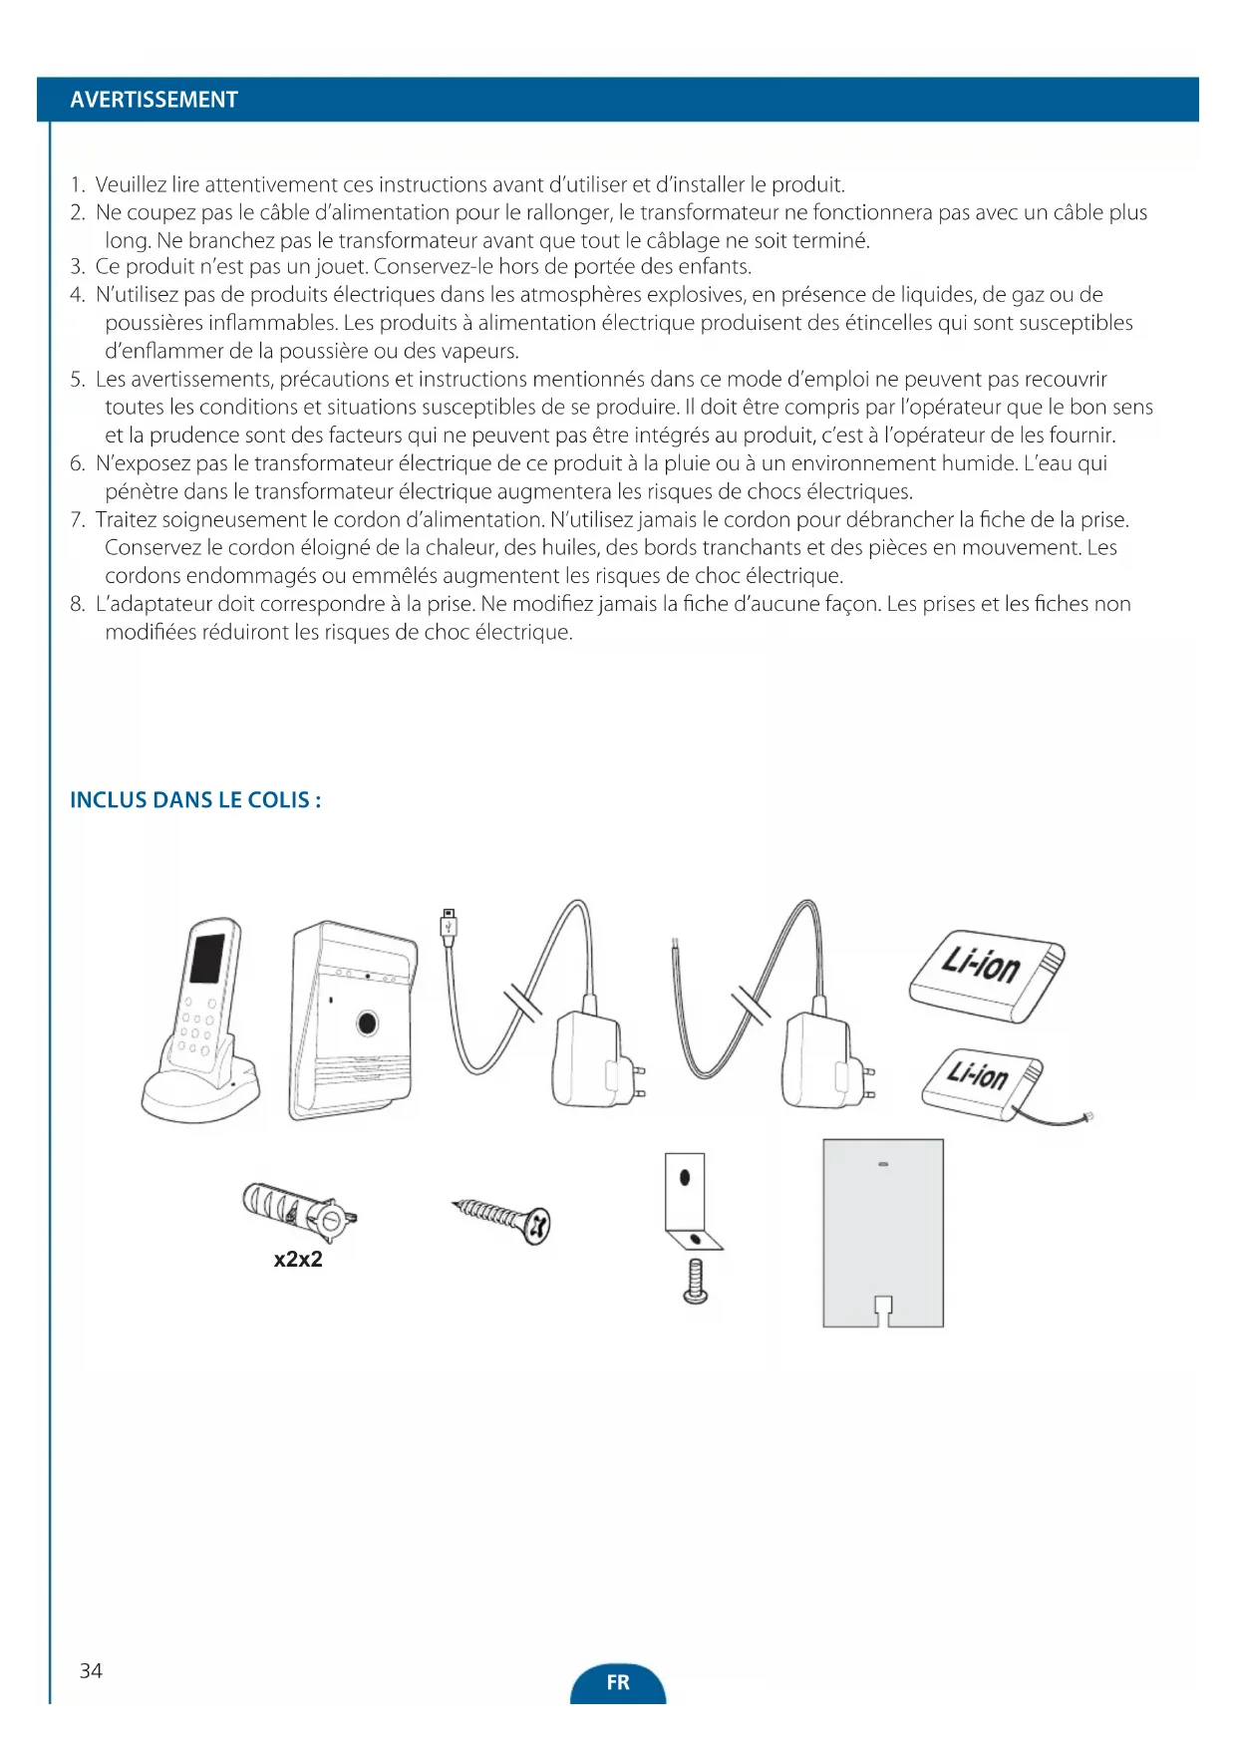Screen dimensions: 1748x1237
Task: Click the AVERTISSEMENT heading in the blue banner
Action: (x=154, y=100)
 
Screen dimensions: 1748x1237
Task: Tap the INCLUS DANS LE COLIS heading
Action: (x=194, y=800)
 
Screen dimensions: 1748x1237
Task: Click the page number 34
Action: (x=91, y=1670)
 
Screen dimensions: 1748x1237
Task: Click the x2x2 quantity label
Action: (x=298, y=1259)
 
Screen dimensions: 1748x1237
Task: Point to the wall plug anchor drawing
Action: (x=297, y=1208)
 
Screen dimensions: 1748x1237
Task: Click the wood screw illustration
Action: (x=502, y=1218)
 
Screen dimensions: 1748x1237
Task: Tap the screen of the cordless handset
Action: (x=206, y=959)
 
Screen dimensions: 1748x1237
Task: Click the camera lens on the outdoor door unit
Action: (x=367, y=1022)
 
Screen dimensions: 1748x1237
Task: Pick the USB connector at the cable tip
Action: (x=449, y=924)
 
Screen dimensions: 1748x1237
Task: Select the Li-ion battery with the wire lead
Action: (x=981, y=1082)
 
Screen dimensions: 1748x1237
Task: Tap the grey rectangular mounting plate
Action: (x=882, y=1231)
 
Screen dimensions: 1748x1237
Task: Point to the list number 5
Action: (x=78, y=380)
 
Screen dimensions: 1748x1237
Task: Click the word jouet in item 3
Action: (x=341, y=267)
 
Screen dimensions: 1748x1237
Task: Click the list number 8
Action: (x=78, y=604)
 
